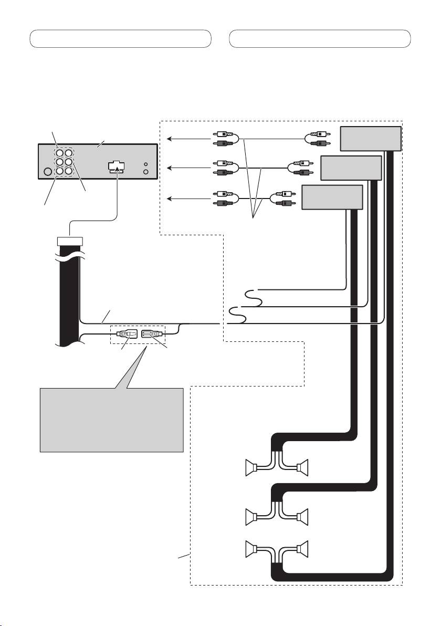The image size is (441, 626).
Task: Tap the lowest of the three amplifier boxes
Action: [332, 196]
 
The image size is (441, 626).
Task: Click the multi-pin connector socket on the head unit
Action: [117, 166]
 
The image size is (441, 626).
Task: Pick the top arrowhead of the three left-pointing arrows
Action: [168, 139]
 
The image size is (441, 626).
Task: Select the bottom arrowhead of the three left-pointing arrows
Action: [168, 199]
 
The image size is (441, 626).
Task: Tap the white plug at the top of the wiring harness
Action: [69, 242]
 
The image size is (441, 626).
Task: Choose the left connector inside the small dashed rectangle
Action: [126, 333]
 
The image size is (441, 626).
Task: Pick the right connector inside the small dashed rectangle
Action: [152, 333]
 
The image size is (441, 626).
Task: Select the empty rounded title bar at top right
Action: [320, 39]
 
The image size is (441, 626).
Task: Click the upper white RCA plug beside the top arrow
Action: [223, 134]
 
